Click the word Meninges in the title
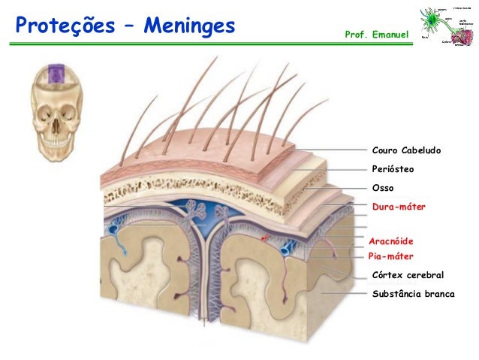[x=190, y=28]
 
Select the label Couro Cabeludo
[x=406, y=150]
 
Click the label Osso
[x=383, y=187]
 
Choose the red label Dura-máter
[x=399, y=205]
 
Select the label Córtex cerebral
[x=408, y=275]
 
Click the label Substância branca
[x=413, y=293]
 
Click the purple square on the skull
[x=56, y=74]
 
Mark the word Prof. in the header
[x=356, y=35]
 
